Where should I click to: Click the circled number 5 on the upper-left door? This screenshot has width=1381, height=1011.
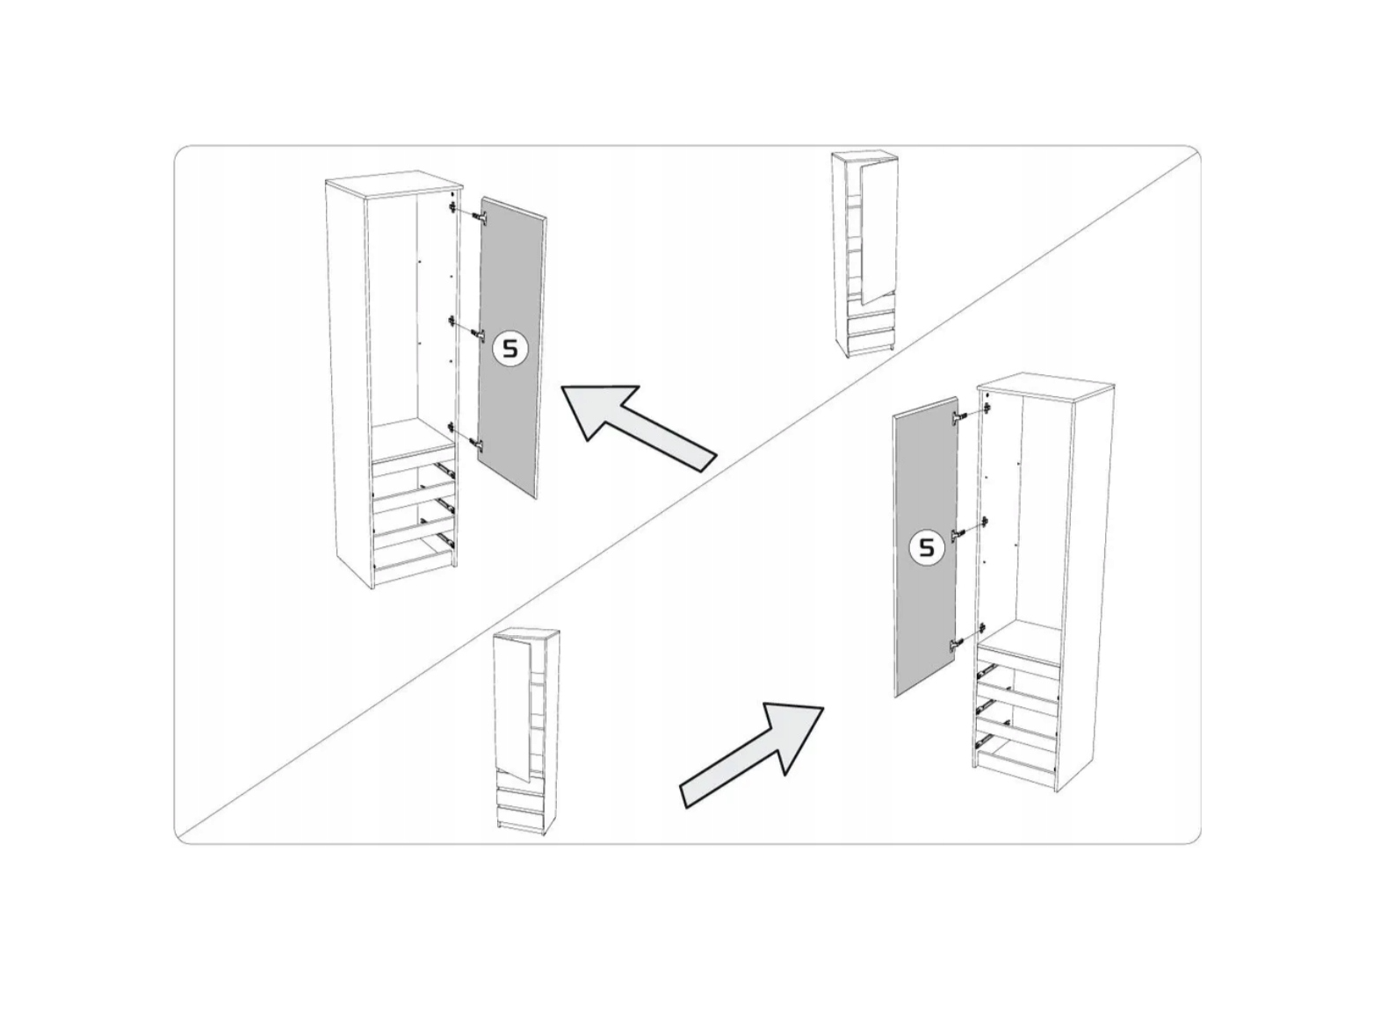click(511, 350)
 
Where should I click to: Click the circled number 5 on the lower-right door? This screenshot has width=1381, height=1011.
click(927, 547)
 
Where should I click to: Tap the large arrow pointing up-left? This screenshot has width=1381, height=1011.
click(638, 428)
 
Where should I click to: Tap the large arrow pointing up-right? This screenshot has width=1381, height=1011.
click(752, 755)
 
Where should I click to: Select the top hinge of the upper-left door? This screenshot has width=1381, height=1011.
click(479, 217)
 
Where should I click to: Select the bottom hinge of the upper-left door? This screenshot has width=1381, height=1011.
click(479, 443)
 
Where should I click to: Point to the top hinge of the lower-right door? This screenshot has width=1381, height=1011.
click(959, 417)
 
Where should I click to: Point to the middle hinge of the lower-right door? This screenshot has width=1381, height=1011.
click(959, 534)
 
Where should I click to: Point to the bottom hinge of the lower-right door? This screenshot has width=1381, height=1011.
click(958, 644)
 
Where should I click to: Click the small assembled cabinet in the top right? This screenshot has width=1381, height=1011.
click(864, 254)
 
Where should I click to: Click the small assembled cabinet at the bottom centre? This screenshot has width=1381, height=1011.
click(528, 732)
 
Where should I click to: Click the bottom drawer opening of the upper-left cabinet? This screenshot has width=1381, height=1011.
click(415, 557)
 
